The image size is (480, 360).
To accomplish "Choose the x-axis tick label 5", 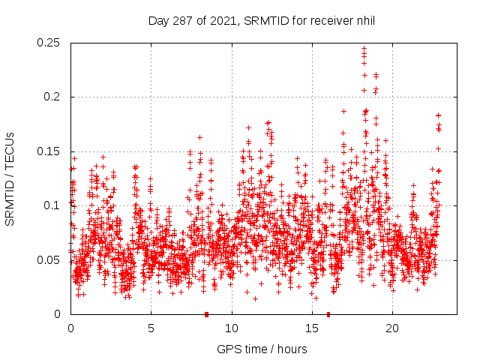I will pos(151,328).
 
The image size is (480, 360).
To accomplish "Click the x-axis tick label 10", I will pos(231,328).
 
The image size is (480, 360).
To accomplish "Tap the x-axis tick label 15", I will pos(311,328).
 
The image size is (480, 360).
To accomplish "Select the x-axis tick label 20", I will pos(392,328).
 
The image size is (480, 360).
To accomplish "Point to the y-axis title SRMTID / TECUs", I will pos(10,178).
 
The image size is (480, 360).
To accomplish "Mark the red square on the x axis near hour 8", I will pos(206,314).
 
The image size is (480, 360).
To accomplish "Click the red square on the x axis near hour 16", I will pos(328,314).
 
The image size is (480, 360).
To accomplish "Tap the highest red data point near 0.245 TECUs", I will pos(364,49).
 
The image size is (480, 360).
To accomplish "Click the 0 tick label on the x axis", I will pos(70,328).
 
